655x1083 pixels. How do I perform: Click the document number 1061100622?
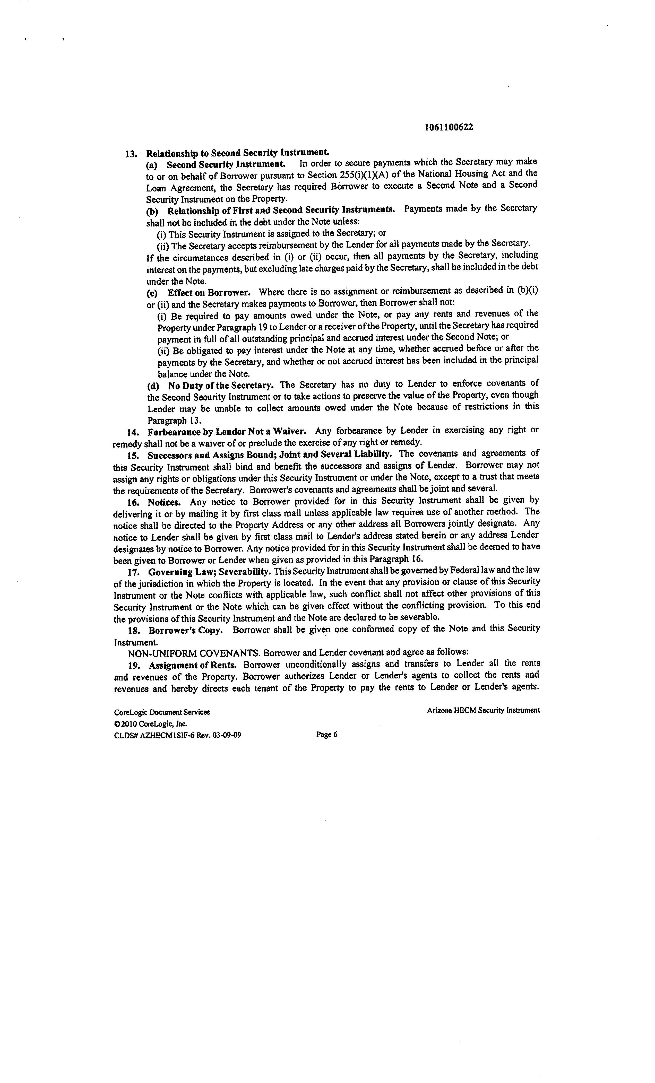pos(449,127)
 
